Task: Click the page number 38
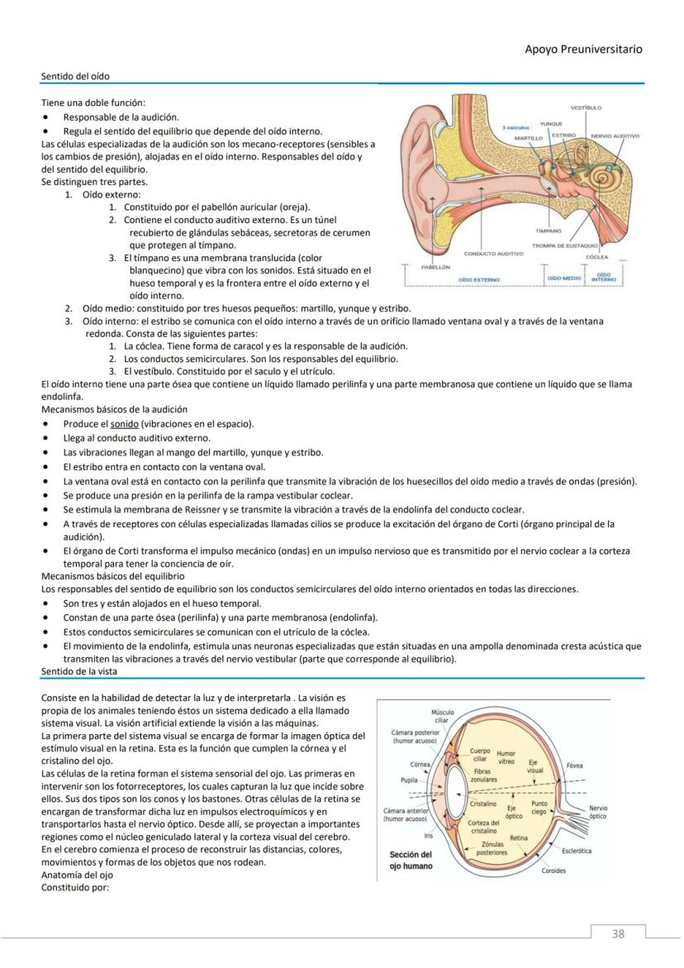point(618,934)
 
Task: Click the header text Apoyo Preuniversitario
point(583,50)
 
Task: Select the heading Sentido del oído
point(75,77)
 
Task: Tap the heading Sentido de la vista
point(78,672)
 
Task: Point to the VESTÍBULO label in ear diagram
point(586,107)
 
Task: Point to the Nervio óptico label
point(598,812)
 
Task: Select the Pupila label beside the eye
point(409,780)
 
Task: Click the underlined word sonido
point(124,424)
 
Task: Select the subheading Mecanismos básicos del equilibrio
point(113,575)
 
